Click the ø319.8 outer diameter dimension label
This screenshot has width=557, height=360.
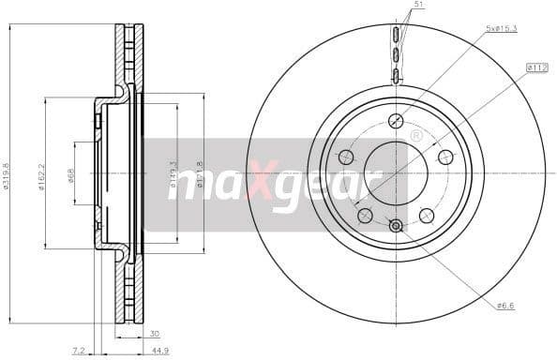click(x=8, y=173)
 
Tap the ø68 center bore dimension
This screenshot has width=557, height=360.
click(x=71, y=173)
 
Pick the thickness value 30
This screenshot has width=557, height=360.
click(x=153, y=333)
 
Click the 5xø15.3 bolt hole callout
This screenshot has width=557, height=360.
click(x=503, y=30)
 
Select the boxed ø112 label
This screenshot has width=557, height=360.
click(x=537, y=67)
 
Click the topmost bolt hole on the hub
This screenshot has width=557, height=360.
click(x=396, y=120)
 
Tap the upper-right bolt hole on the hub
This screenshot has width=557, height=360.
click(x=445, y=157)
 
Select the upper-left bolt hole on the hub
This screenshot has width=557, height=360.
click(x=346, y=157)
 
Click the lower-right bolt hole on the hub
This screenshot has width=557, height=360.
click(x=427, y=215)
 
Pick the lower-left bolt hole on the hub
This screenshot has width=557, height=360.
click(x=365, y=215)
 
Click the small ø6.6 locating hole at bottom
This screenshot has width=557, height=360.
click(x=396, y=225)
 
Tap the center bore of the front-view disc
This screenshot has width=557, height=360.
click(x=396, y=172)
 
